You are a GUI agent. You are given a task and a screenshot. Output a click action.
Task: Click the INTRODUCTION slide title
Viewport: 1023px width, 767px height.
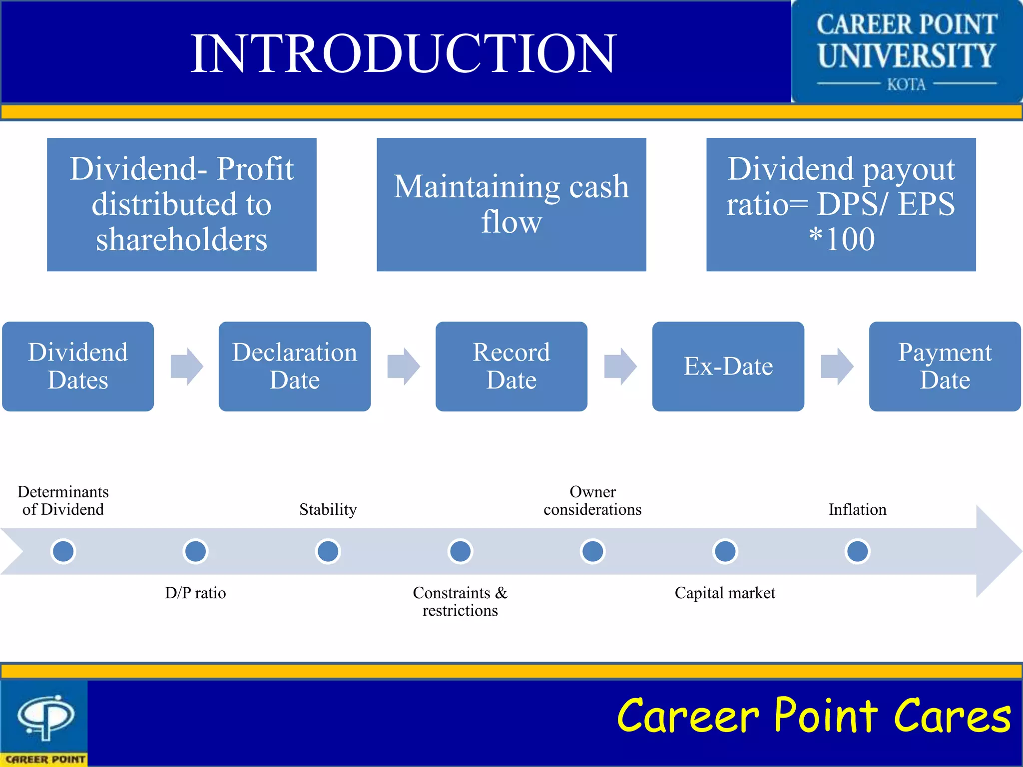(x=404, y=53)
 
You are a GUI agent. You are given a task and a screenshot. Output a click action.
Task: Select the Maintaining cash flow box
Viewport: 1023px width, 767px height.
(x=511, y=204)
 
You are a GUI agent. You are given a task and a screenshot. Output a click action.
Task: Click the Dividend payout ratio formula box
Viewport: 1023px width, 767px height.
(x=841, y=204)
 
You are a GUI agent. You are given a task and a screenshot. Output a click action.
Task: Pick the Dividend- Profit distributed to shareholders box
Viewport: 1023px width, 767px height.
(x=181, y=204)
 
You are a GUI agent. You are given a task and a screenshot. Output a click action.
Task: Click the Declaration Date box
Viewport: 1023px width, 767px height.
(x=294, y=366)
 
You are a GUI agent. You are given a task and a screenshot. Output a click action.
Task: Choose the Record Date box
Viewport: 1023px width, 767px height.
(x=511, y=366)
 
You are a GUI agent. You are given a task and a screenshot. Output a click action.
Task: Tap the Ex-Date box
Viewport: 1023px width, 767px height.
(x=728, y=366)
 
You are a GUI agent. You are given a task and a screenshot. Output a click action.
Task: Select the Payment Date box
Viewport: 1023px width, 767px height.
(x=945, y=366)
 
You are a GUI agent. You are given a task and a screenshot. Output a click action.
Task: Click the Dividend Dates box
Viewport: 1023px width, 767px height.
(x=78, y=366)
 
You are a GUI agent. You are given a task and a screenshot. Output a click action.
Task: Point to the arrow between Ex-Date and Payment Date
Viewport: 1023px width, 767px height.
(x=837, y=367)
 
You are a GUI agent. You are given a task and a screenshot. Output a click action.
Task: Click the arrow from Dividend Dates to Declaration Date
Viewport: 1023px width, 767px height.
(x=186, y=367)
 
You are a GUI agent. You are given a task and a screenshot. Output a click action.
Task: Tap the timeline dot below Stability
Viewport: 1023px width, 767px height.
(x=328, y=551)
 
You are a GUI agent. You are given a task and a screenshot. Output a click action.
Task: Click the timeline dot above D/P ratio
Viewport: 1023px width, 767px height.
(x=195, y=551)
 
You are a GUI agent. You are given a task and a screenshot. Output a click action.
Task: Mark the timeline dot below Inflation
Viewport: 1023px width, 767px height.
(x=857, y=551)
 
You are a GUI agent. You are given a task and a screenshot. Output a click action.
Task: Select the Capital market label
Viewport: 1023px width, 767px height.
(x=725, y=593)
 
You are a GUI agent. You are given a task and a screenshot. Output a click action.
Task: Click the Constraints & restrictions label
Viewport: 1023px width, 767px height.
(x=460, y=601)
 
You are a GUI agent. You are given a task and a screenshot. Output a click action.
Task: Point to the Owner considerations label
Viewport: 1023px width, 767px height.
(x=592, y=500)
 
